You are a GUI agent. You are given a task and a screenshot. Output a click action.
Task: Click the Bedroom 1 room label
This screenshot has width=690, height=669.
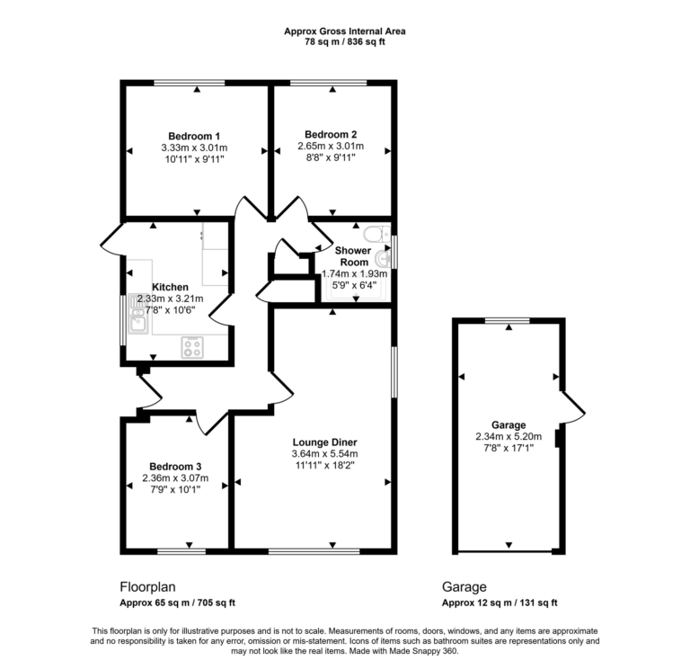click(x=195, y=136)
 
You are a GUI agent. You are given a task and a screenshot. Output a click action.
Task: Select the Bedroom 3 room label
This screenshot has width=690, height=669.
click(x=175, y=466)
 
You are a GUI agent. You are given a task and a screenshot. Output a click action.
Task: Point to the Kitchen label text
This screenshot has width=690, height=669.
click(x=170, y=288)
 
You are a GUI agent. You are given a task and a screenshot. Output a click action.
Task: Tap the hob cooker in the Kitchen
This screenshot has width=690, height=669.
click(x=192, y=346)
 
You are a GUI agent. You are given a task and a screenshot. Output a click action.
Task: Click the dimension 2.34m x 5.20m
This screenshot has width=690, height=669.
click(x=509, y=438)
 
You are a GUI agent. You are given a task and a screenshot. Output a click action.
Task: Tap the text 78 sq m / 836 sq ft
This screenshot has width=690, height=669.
click(x=344, y=42)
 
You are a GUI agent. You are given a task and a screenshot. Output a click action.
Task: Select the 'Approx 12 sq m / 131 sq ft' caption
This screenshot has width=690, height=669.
click(x=500, y=603)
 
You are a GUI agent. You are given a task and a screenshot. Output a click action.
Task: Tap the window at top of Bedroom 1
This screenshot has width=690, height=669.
click(x=189, y=84)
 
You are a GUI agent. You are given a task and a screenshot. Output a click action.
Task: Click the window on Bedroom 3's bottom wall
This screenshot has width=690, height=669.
click(x=181, y=549)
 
